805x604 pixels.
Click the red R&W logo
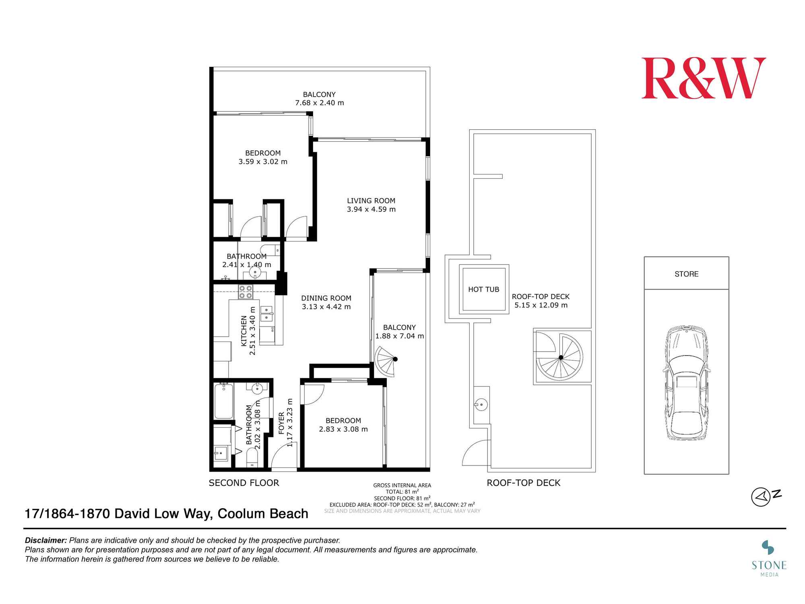(704, 78)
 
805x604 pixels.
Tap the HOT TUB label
(483, 289)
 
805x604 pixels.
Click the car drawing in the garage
(686, 383)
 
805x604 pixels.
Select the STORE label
(686, 274)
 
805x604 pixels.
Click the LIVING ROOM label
(371, 201)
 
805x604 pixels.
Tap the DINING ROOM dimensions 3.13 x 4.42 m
(326, 307)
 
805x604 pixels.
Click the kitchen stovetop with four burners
(246, 292)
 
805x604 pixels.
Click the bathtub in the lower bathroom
(223, 401)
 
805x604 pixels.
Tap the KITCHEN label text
(244, 331)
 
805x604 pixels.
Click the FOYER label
(281, 423)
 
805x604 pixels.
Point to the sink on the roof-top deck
(481, 404)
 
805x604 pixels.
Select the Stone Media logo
(769, 558)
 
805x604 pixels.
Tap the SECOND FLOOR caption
(244, 483)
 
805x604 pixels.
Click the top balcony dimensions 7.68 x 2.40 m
(320, 103)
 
